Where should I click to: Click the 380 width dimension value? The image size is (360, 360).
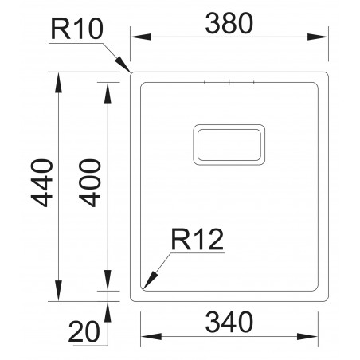(229, 24)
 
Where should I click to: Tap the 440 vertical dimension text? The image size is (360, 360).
(42, 185)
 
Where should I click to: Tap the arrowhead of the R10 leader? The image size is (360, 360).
(127, 71)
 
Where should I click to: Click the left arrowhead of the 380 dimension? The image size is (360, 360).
(135, 37)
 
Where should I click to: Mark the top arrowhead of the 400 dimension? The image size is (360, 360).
(108, 87)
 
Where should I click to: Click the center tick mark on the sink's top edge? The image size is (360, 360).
(229, 82)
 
